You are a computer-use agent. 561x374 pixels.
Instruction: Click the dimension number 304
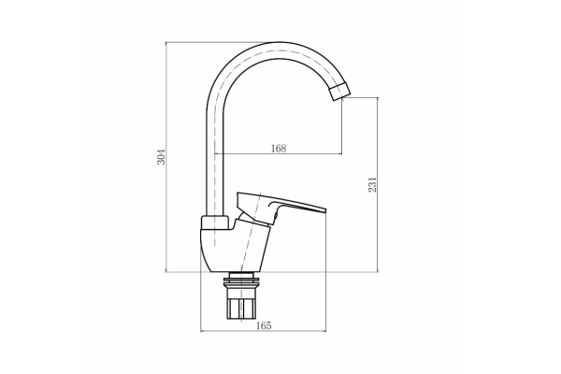pos(161,156)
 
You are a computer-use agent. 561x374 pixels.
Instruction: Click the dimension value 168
pos(277,148)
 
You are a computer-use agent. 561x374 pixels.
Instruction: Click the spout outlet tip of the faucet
pos(339,92)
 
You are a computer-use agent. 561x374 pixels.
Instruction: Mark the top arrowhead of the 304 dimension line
pos(166,44)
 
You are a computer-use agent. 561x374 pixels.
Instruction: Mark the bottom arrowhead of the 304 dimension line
pos(166,271)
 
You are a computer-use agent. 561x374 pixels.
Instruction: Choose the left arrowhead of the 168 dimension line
pos(217,153)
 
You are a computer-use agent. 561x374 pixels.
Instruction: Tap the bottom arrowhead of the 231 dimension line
pos(376,271)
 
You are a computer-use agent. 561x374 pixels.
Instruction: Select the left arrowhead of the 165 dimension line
pos(204,331)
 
